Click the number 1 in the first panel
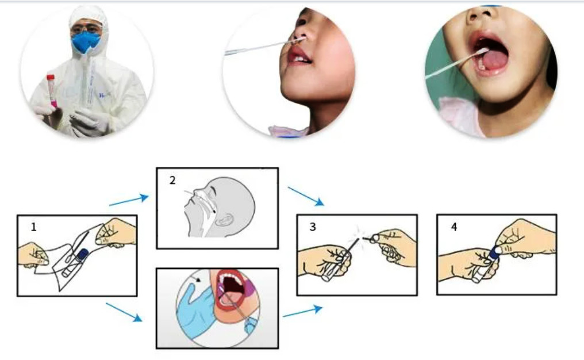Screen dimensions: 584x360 [33, 227]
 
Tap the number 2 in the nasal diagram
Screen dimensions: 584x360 [172, 181]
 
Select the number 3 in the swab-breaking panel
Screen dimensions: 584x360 [313, 227]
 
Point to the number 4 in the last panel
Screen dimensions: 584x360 [454, 227]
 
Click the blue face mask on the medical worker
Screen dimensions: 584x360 [86, 42]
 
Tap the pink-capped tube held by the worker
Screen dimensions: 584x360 [51, 91]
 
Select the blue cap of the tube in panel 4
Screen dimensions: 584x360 [495, 251]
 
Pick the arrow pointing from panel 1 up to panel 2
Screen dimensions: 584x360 [129, 200]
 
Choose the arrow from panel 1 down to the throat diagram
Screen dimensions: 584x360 [124, 312]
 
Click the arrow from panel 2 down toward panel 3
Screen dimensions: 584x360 [306, 197]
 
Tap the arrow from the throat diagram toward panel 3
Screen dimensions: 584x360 [302, 311]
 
